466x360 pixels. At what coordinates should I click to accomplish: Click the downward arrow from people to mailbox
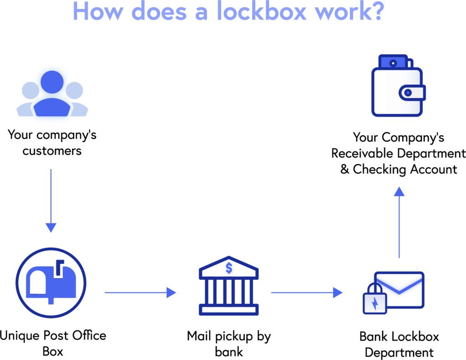point(51,200)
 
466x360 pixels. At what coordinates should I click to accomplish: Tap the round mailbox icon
point(51,283)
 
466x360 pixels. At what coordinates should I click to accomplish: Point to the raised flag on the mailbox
point(59,268)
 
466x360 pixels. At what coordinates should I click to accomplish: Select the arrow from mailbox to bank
point(140,293)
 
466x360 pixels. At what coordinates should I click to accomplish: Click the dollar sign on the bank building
point(228,268)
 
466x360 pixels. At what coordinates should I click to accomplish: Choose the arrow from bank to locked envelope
point(307,293)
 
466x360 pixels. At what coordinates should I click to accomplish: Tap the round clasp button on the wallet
point(409,93)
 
